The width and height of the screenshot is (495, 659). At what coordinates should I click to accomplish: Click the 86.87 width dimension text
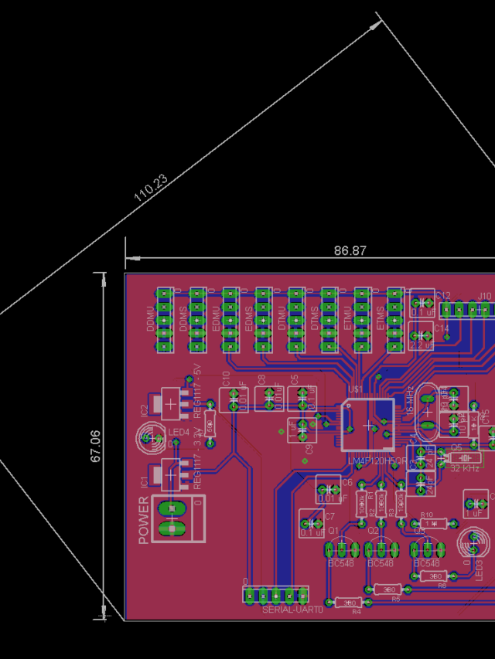[x=350, y=250]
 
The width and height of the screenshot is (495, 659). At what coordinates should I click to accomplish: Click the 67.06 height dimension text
[x=97, y=446]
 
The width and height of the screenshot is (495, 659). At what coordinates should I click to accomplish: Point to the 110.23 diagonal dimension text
[x=150, y=188]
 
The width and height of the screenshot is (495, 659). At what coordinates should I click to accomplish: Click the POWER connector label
[x=144, y=520]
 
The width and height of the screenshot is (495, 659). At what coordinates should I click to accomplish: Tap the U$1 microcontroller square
[x=367, y=424]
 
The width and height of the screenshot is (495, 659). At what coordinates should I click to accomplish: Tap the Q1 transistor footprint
[x=341, y=549]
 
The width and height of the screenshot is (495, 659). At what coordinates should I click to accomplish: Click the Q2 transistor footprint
[x=381, y=549]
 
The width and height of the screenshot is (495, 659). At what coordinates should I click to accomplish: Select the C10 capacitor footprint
[x=233, y=399]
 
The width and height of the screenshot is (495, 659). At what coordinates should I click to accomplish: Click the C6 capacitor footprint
[x=329, y=490]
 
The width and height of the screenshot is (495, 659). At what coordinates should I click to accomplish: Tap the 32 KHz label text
[x=465, y=468]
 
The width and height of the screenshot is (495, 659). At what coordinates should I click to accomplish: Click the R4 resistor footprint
[x=349, y=603]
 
